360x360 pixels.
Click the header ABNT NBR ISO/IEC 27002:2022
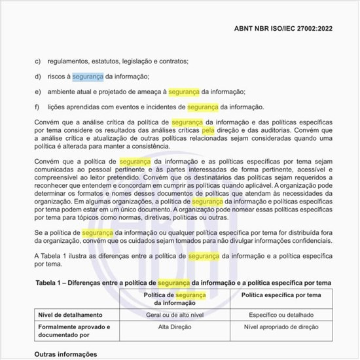(x=287, y=29)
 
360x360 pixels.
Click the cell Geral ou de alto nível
(x=174, y=314)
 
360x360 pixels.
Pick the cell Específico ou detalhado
(x=281, y=314)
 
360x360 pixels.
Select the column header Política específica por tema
(x=281, y=296)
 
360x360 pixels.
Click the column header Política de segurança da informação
(x=174, y=299)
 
